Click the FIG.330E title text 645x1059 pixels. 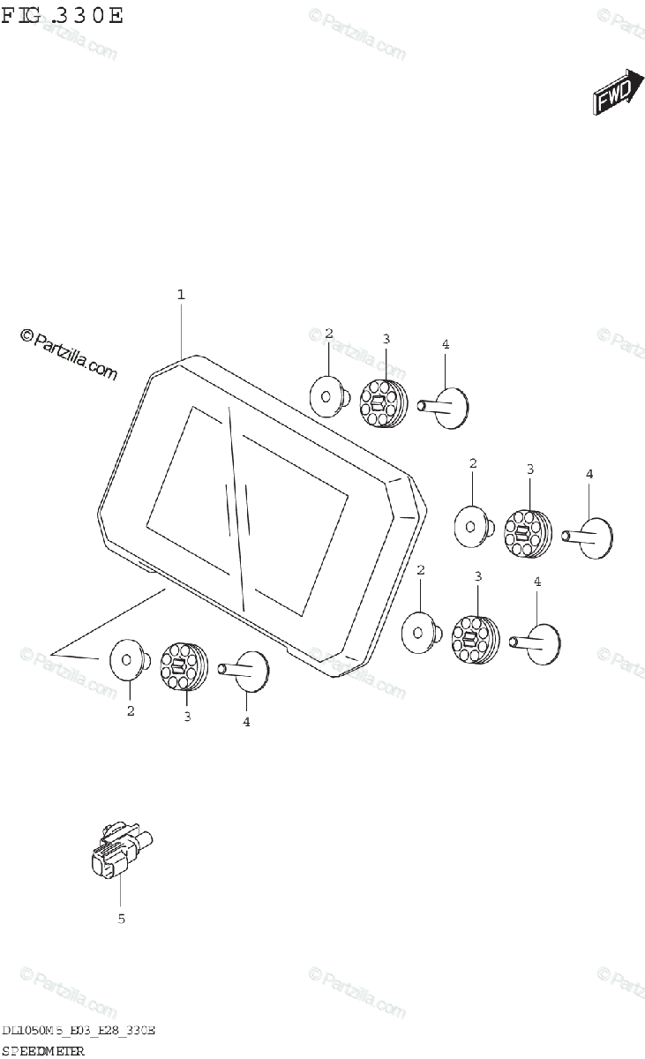(x=63, y=16)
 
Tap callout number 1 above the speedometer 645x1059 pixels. (x=181, y=295)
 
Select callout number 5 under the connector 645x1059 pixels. (x=122, y=919)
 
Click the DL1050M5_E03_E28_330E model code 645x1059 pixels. (x=79, y=1031)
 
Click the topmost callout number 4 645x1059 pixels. (x=446, y=344)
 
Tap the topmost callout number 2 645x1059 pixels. (x=328, y=334)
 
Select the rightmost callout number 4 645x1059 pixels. (x=589, y=474)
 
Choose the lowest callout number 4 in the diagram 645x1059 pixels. (x=246, y=722)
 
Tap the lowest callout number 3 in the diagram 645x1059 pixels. (x=187, y=717)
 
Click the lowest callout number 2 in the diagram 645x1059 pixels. (x=131, y=711)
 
